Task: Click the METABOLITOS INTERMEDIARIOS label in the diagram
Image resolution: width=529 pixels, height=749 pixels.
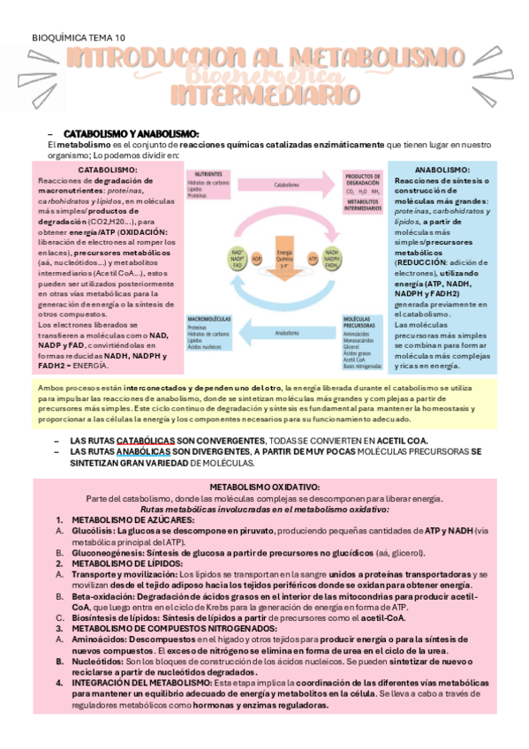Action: pos(364,205)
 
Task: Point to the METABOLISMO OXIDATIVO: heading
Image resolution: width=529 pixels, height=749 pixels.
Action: pos(264,487)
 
